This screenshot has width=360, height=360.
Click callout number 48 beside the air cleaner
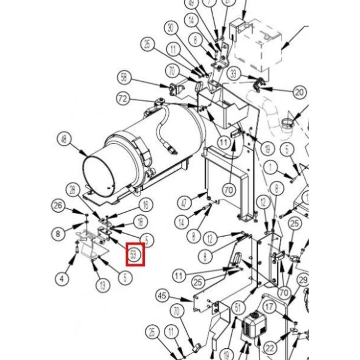click(64, 140)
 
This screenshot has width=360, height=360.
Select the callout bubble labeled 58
click(124, 77)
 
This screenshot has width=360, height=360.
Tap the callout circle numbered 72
click(124, 99)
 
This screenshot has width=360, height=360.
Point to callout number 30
click(170, 28)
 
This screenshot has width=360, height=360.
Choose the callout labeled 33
click(234, 74)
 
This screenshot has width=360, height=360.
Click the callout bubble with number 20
click(299, 91)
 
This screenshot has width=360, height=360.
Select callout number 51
click(238, 308)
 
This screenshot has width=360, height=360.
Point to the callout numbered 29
click(303, 280)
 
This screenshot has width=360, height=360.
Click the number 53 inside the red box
click(135, 254)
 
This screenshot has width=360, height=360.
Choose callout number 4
click(62, 279)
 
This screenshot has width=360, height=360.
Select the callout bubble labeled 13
click(102, 285)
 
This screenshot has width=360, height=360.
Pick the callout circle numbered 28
click(73, 189)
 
